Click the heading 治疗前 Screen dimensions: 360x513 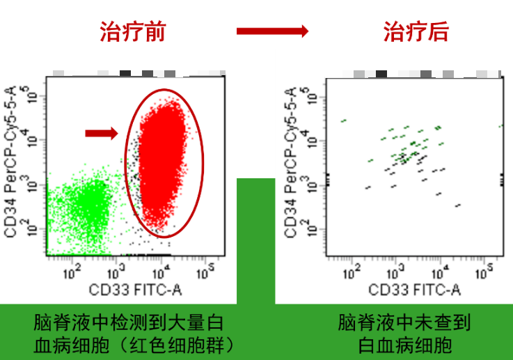133,31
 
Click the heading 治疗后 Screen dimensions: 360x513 416,31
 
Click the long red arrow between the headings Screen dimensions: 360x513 272,31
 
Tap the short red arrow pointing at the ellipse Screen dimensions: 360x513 102,133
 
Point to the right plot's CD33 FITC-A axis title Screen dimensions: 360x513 415,289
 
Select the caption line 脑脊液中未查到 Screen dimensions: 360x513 404,323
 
